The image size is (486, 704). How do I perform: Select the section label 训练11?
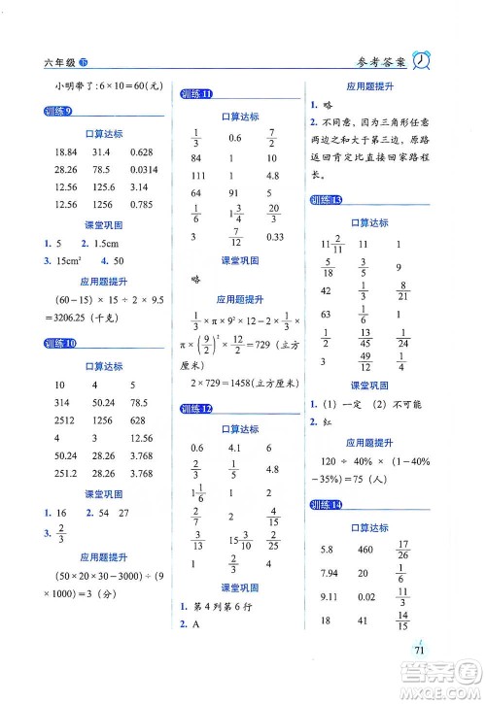pyautogui.click(x=196, y=94)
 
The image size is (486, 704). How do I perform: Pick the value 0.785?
pyautogui.click(x=142, y=204)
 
